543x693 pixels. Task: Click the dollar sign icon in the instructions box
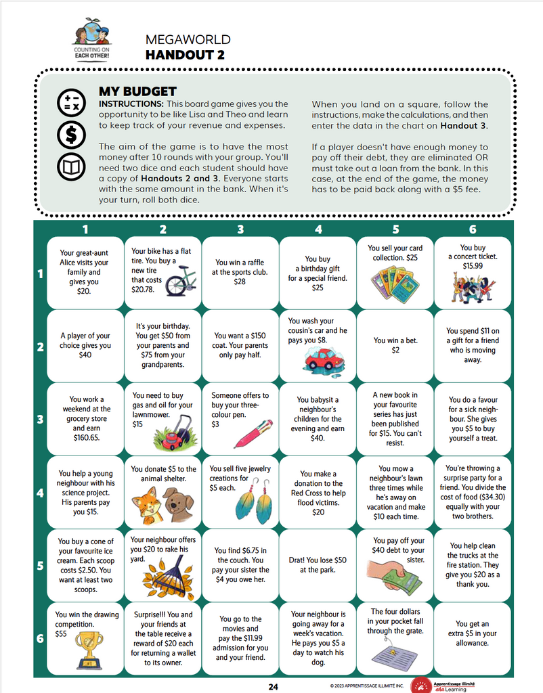pyautogui.click(x=71, y=135)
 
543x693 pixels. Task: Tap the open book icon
pyautogui.click(x=71, y=166)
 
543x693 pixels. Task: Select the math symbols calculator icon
pyautogui.click(x=71, y=102)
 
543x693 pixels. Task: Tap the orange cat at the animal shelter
pyautogui.click(x=146, y=506)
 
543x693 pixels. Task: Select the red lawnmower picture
pyautogui.click(x=174, y=434)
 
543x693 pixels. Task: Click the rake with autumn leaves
pyautogui.click(x=169, y=578)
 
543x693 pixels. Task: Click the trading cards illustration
pyautogui.click(x=395, y=284)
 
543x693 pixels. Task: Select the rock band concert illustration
pyautogui.click(x=473, y=287)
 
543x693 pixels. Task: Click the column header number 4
pyautogui.click(x=318, y=229)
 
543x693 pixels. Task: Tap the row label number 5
pyautogui.click(x=40, y=566)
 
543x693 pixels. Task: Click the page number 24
pyautogui.click(x=274, y=686)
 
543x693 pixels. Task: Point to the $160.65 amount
pyautogui.click(x=87, y=438)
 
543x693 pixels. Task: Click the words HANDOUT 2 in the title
pyautogui.click(x=185, y=55)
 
